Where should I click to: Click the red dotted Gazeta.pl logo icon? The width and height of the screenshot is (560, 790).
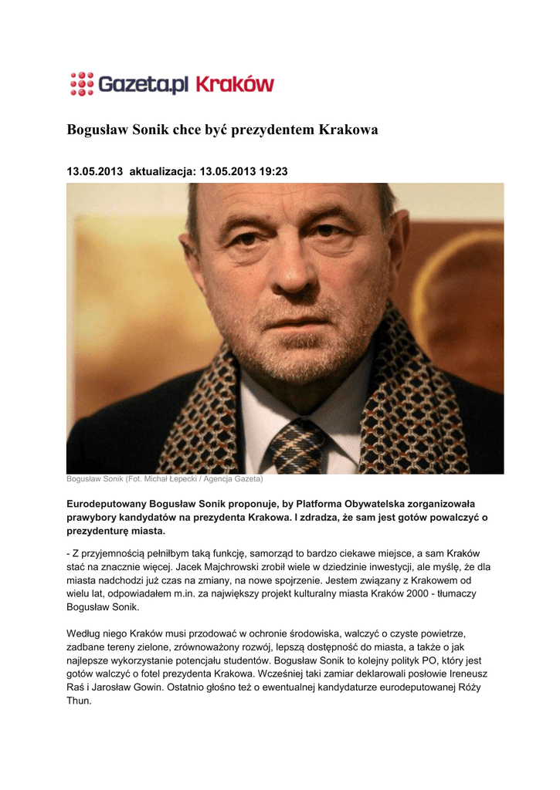[81, 83]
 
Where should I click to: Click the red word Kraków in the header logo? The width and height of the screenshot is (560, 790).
[235, 83]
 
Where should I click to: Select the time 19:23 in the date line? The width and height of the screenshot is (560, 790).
[273, 171]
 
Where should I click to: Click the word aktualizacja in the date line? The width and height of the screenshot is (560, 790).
[163, 171]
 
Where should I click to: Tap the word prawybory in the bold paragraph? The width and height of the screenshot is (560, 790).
[95, 517]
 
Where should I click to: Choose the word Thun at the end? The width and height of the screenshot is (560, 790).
[80, 702]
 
